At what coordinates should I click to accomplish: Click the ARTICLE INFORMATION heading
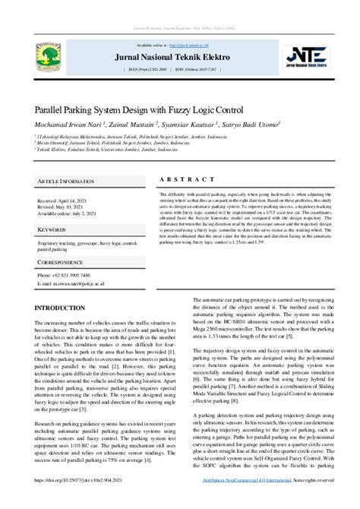point(66,182)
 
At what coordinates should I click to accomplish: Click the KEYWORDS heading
point(52,229)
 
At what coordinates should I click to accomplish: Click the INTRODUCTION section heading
point(59,308)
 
